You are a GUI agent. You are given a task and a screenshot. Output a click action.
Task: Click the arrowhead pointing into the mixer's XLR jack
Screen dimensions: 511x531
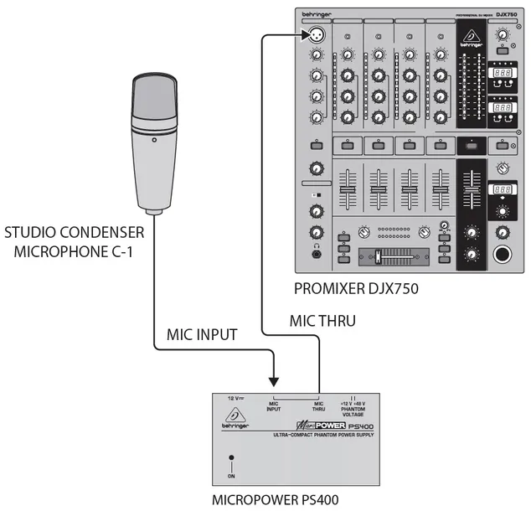(302, 35)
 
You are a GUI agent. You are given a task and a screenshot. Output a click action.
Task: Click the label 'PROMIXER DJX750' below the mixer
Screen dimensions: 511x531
(356, 290)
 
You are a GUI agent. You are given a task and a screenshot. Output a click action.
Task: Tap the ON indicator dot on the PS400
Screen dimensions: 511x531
(231, 459)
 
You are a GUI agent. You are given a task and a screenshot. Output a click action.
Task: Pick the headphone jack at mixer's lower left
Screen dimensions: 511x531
(316, 254)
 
